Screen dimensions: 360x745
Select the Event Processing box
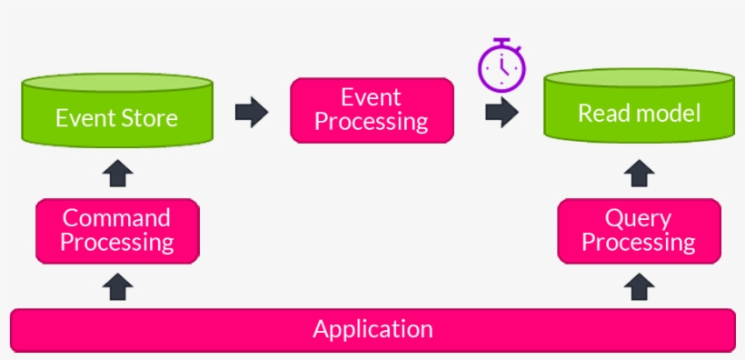click(x=372, y=109)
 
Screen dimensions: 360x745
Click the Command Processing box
click(x=116, y=231)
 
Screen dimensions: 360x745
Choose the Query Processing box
click(x=639, y=231)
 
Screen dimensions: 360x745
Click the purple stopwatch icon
click(x=502, y=66)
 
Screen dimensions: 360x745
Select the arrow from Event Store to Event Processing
click(x=252, y=113)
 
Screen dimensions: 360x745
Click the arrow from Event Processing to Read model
click(x=502, y=113)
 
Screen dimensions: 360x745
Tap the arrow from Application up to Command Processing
click(x=118, y=288)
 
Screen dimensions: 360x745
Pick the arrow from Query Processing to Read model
click(x=640, y=173)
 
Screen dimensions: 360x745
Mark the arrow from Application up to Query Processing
click(x=640, y=288)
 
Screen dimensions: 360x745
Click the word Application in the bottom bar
click(x=372, y=329)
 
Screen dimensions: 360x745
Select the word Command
click(x=116, y=218)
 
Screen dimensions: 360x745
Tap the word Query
click(x=639, y=219)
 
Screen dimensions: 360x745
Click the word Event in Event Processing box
click(x=371, y=96)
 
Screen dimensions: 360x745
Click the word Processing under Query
click(x=639, y=243)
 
